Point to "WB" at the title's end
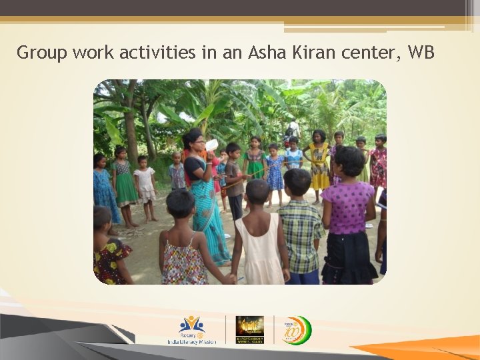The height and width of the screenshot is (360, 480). [x=421, y=53]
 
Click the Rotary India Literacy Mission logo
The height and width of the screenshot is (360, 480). [x=192, y=330]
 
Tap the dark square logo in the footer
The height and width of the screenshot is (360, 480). [x=249, y=329]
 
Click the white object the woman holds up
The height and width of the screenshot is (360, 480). [x=212, y=145]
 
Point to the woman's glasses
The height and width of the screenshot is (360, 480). [x=197, y=141]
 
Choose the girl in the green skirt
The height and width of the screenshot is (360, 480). [x=123, y=180]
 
